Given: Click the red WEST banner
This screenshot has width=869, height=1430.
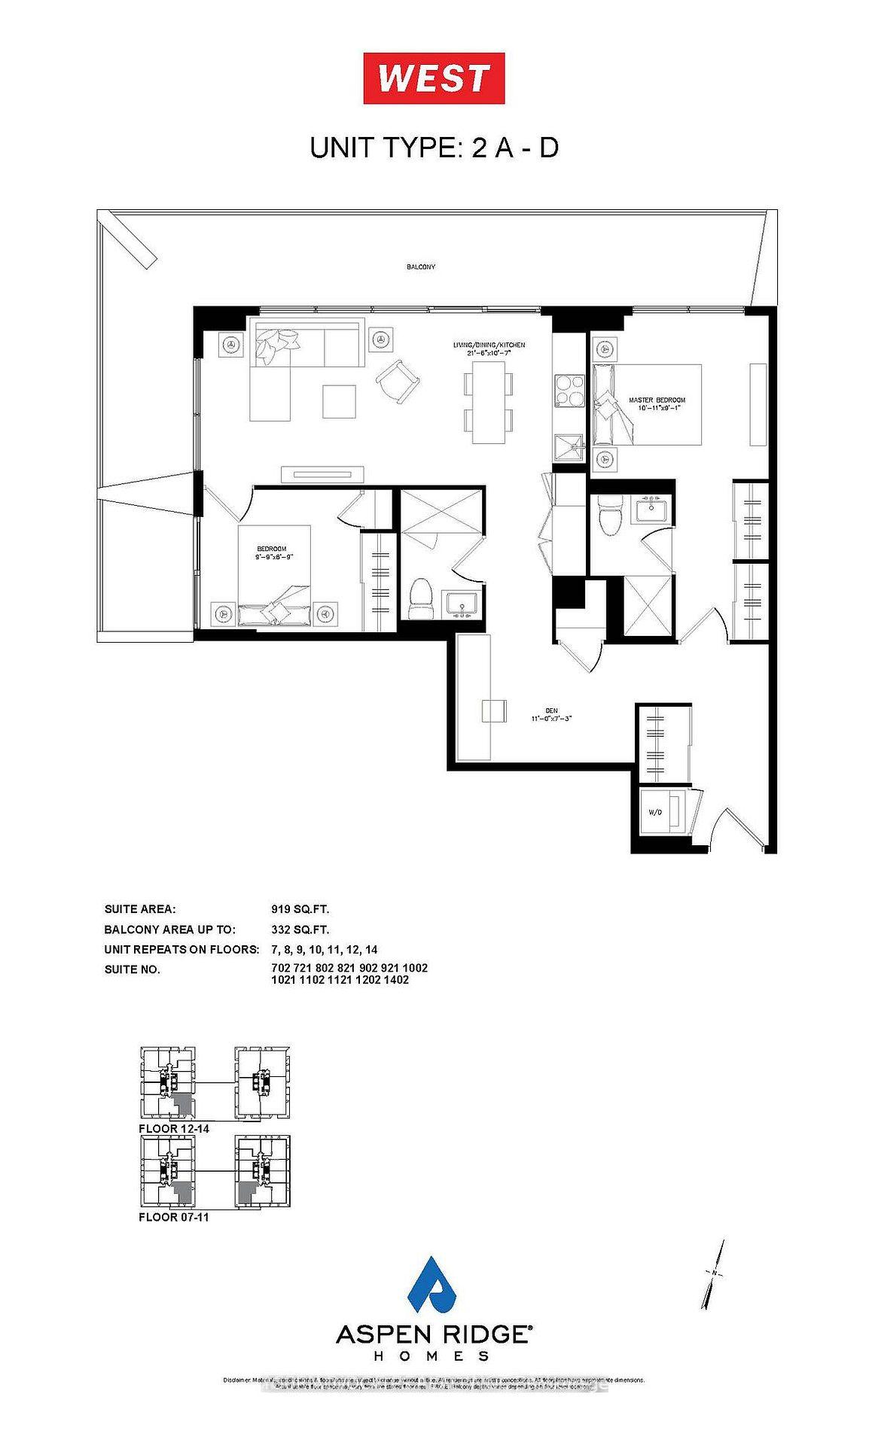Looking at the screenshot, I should pyautogui.click(x=434, y=78).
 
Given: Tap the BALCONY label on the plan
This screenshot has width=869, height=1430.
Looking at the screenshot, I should pyautogui.click(x=421, y=267).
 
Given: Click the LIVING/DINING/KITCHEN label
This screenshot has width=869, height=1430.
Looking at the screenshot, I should pyautogui.click(x=488, y=348).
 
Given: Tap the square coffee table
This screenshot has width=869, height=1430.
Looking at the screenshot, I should pyautogui.click(x=340, y=401).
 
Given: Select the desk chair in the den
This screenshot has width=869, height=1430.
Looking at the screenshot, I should pyautogui.click(x=493, y=710).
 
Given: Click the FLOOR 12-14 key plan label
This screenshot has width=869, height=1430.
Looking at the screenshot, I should pyautogui.click(x=174, y=1129).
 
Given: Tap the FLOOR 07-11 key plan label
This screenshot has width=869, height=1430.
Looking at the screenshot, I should pyautogui.click(x=173, y=1217).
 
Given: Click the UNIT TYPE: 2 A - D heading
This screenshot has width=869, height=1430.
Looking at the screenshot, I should pyautogui.click(x=434, y=148).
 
